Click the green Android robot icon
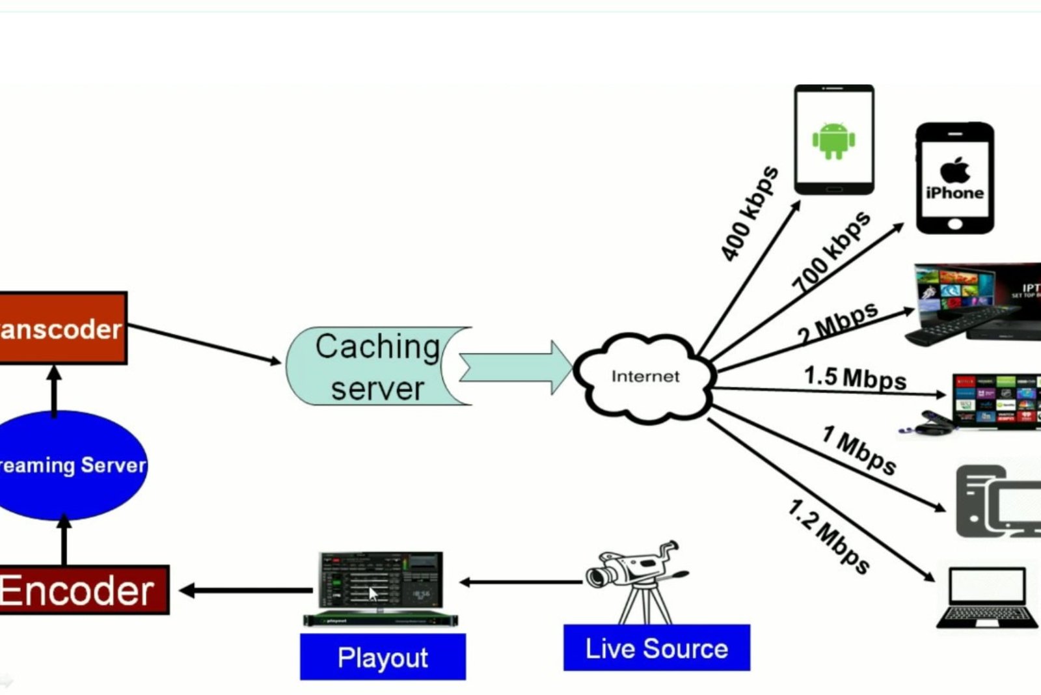tap(833, 140)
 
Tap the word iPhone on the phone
tap(954, 193)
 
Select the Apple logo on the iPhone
tap(954, 170)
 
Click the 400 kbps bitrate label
tap(750, 213)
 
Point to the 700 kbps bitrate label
tap(831, 251)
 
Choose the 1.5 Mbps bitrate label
tap(855, 377)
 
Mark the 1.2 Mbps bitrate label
tap(829, 536)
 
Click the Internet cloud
tap(645, 377)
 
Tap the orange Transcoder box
tap(62, 329)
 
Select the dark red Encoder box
tap(81, 590)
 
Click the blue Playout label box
tap(383, 657)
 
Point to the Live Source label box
tap(656, 648)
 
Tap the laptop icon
tap(987, 597)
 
